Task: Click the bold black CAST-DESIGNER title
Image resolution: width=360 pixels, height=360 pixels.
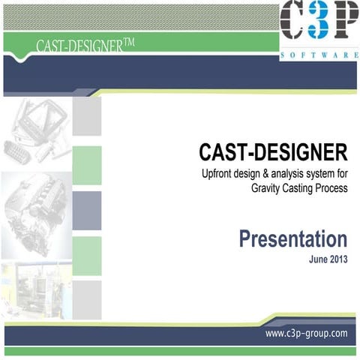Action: point(273,153)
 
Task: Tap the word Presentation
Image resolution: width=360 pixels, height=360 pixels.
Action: point(293,239)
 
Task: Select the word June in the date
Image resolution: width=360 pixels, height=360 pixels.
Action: point(318,260)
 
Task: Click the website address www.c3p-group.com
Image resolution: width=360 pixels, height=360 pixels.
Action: point(306,332)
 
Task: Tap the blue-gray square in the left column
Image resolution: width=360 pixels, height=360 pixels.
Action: point(86,210)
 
